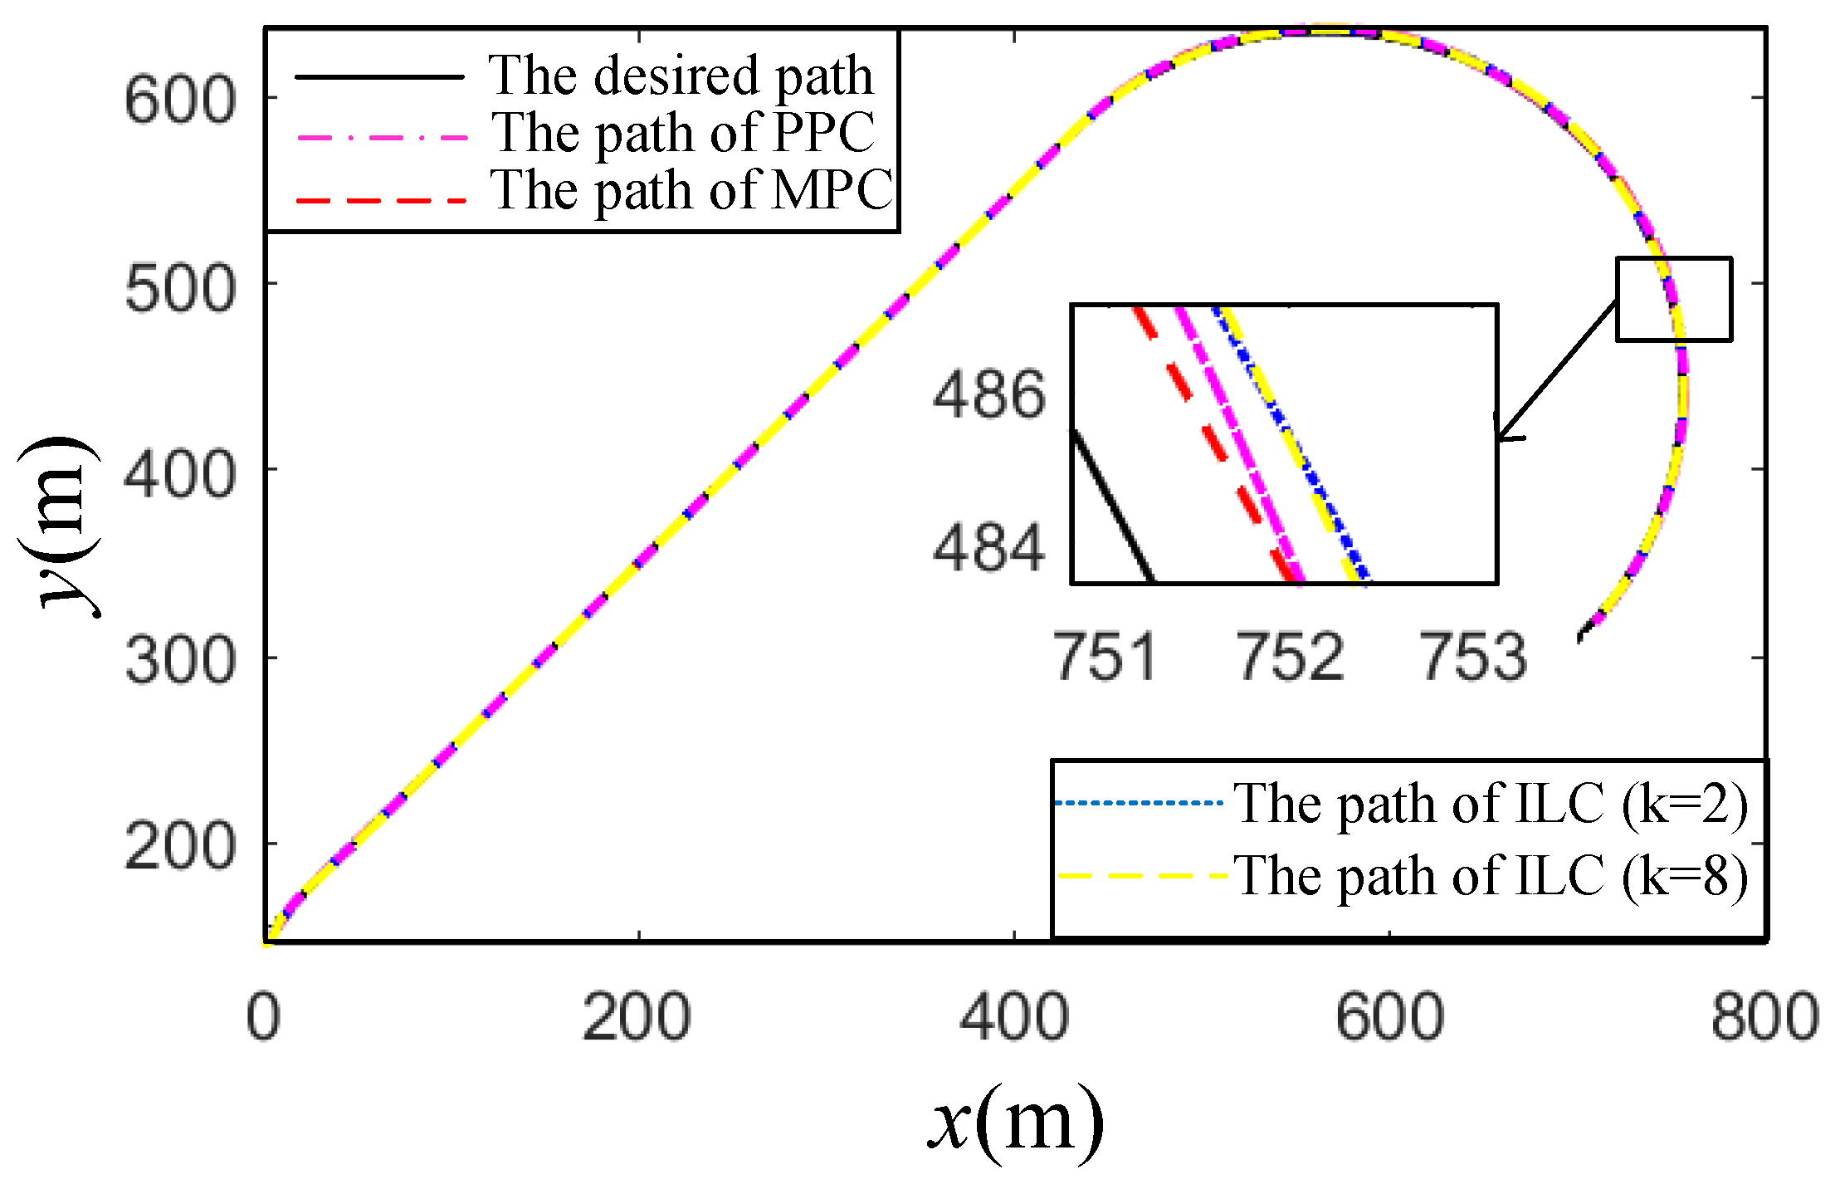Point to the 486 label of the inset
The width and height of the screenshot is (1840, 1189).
[988, 394]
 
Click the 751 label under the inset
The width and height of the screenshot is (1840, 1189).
[1105, 657]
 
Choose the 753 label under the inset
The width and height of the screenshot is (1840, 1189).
[1473, 657]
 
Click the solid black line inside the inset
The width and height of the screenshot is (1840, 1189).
[1112, 506]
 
